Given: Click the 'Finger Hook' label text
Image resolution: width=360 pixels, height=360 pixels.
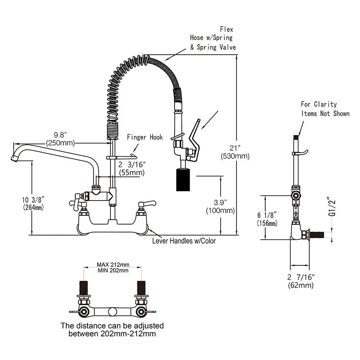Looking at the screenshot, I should (144, 137).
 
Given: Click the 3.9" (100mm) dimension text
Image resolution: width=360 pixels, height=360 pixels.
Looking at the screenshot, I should (220, 206).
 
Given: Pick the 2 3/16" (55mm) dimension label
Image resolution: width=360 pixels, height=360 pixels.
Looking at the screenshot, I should (132, 169).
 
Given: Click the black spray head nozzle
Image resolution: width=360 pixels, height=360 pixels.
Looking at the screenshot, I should (183, 180).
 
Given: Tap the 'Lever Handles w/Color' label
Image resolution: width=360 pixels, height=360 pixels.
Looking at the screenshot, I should (184, 241).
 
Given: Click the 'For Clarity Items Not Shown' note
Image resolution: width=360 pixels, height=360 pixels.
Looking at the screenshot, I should (325, 109).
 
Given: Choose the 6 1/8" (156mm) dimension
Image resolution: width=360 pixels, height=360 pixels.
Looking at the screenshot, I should (267, 219).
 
